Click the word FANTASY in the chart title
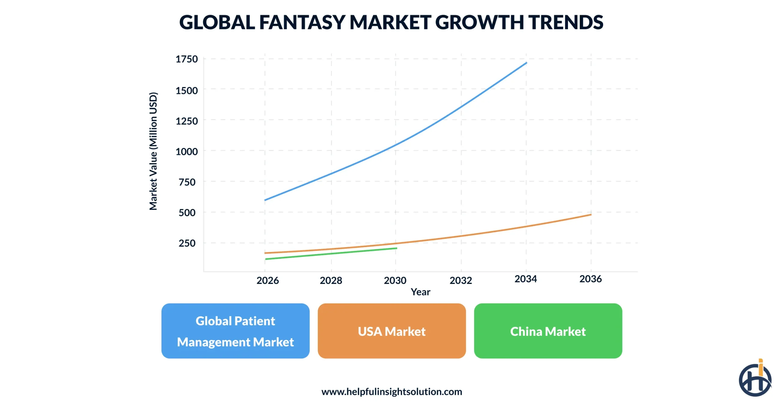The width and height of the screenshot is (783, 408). click(302, 22)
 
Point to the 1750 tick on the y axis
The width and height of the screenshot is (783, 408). click(187, 59)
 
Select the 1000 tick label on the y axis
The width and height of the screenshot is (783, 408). click(187, 151)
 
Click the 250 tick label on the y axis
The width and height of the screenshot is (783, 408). click(187, 243)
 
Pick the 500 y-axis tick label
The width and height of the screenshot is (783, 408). click(187, 213)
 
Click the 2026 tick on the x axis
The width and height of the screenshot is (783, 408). click(268, 280)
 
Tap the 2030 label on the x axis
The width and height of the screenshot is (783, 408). click(395, 280)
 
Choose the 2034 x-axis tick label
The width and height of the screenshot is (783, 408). click(525, 279)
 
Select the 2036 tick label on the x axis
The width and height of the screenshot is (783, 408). click(590, 279)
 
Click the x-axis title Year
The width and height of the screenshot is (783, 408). click(420, 292)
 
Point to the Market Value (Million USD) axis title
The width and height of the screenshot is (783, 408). click(153, 151)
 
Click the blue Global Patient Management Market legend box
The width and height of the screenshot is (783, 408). click(235, 331)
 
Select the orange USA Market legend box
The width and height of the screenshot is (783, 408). click(391, 331)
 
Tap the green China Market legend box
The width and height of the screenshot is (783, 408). click(548, 331)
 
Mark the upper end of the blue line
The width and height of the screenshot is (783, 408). click(526, 63)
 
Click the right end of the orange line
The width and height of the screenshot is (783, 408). click(591, 215)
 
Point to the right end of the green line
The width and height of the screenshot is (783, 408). click(396, 248)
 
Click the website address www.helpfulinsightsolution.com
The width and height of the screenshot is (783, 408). click(391, 391)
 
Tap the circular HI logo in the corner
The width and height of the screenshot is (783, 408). click(755, 379)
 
